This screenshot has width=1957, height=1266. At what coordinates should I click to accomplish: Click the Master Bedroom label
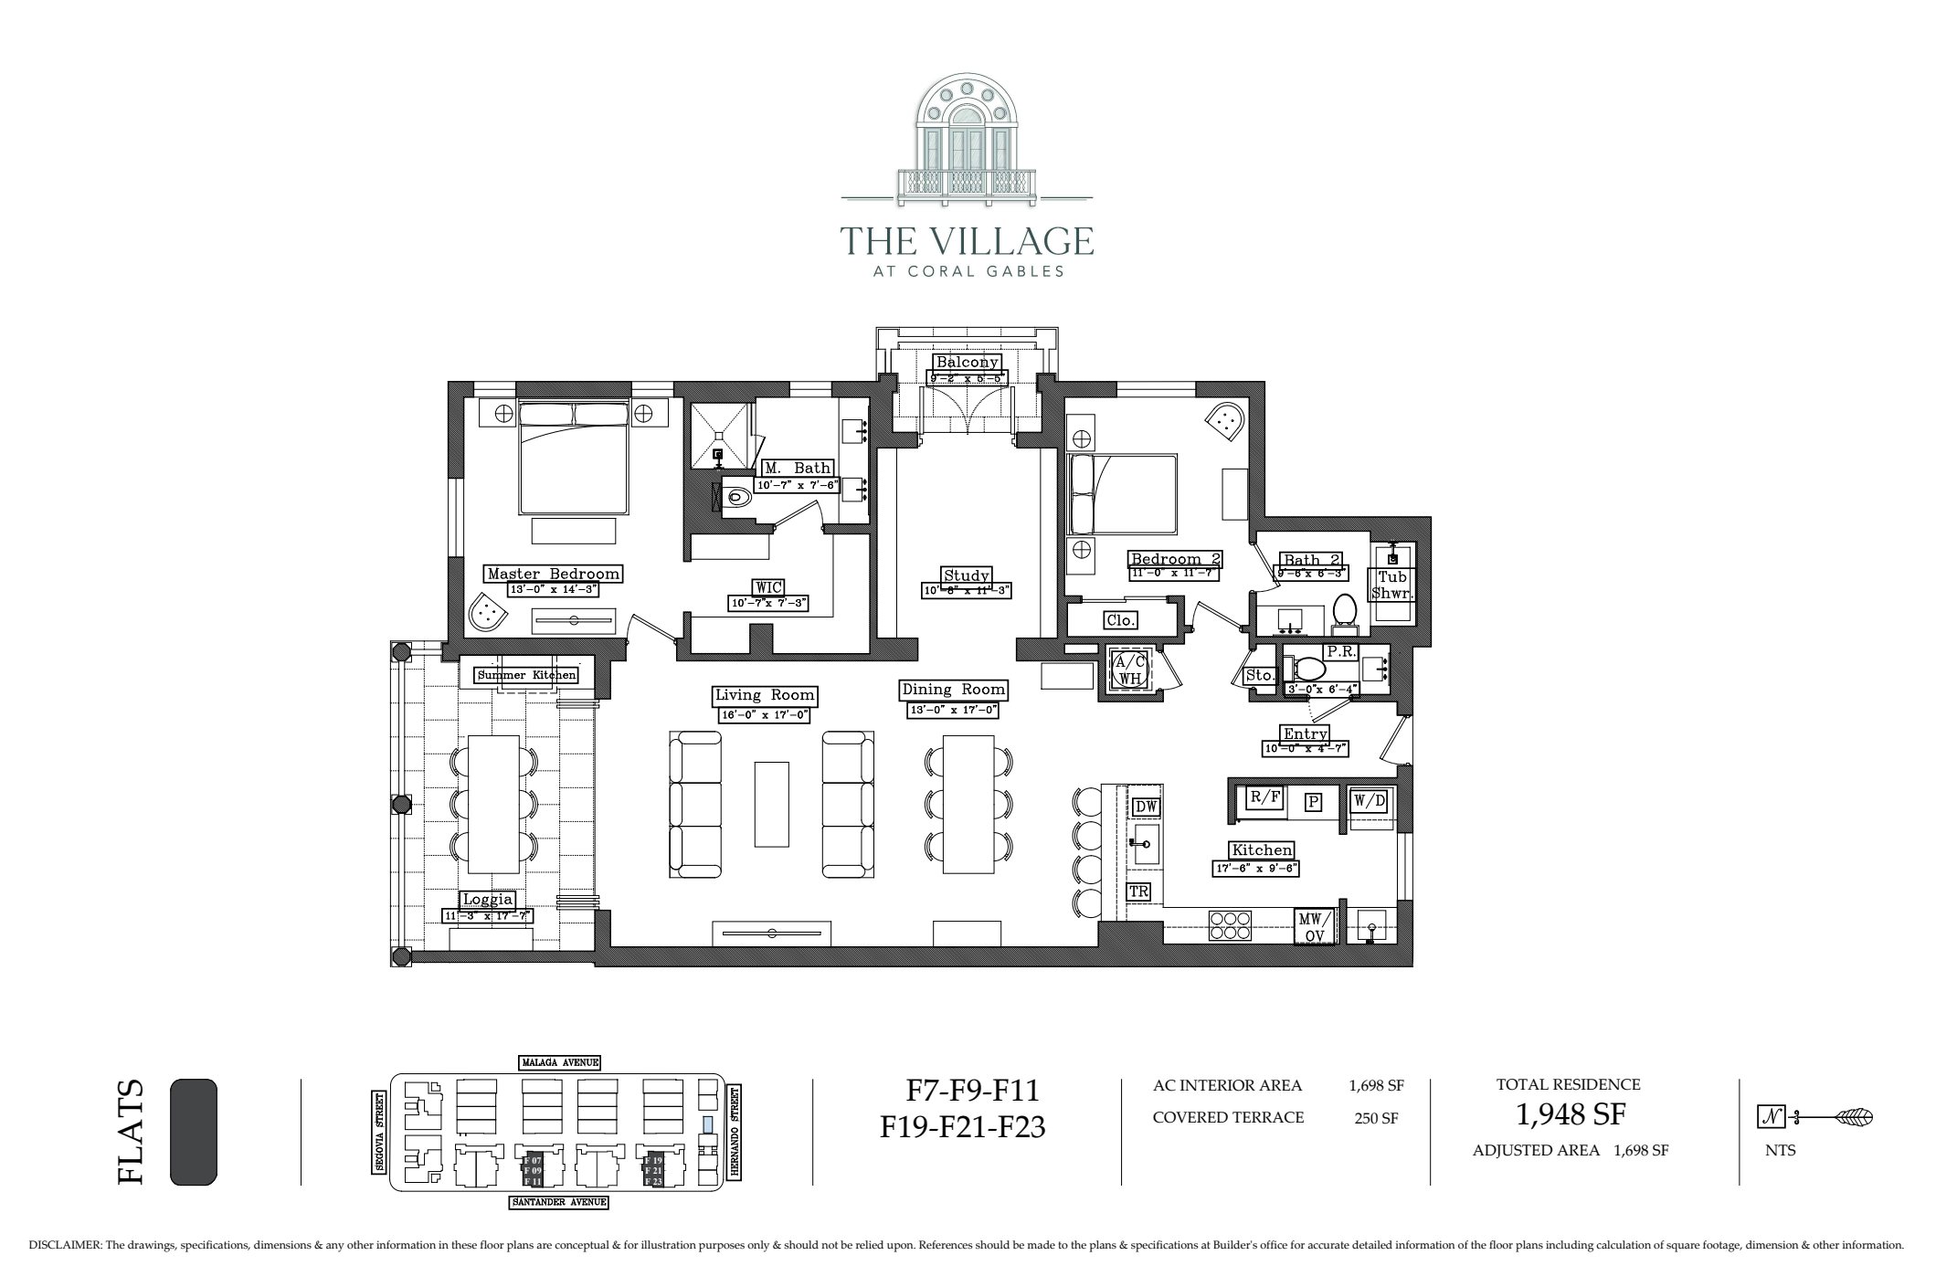click(553, 574)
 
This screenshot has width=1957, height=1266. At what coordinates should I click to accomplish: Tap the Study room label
click(967, 575)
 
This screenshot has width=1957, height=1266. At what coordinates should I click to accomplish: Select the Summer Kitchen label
click(526, 675)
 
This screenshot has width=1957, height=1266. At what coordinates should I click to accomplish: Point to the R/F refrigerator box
click(1264, 797)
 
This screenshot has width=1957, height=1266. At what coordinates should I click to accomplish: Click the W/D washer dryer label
click(1370, 801)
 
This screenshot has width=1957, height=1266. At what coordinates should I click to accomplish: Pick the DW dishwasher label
click(1146, 807)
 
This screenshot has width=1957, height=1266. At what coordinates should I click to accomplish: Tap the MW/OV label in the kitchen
click(1316, 925)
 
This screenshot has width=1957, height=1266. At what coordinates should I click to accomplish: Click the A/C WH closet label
click(1130, 670)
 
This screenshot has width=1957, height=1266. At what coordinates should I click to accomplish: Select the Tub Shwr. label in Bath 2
click(1392, 585)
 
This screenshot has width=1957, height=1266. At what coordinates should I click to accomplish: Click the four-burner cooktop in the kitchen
click(1230, 925)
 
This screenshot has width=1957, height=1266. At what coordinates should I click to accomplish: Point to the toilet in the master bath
click(736, 498)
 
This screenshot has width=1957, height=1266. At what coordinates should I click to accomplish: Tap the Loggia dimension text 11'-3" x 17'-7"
click(488, 915)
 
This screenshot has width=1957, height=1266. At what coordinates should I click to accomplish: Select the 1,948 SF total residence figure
click(1570, 1114)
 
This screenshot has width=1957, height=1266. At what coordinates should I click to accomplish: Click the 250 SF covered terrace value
click(1376, 1118)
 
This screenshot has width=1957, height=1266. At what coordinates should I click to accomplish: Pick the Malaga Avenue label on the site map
click(560, 1062)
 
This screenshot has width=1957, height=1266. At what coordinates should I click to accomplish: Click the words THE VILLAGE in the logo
click(967, 241)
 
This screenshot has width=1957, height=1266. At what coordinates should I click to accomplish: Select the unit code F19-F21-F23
click(963, 1128)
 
